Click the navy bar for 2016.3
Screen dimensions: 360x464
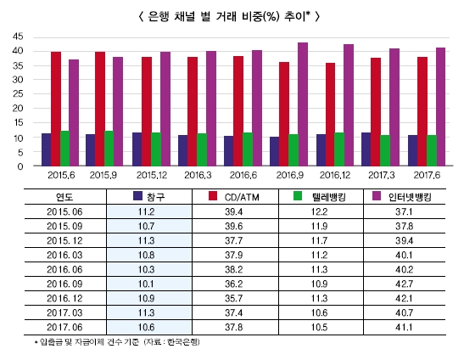pos(182,150)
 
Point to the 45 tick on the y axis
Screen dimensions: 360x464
pos(18,37)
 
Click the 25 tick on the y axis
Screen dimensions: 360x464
pos(18,94)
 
